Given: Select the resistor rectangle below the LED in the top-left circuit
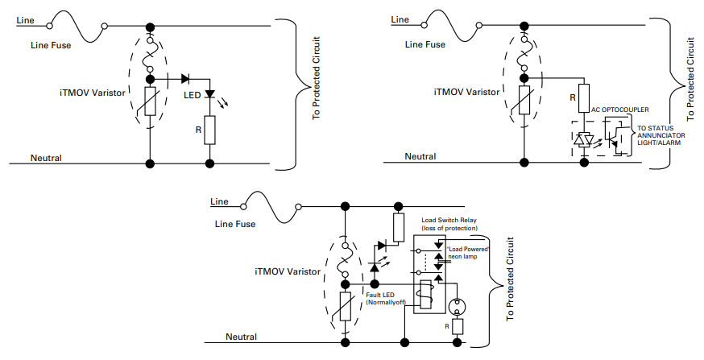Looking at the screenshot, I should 209,129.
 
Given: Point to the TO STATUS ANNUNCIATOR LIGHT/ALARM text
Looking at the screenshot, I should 662,134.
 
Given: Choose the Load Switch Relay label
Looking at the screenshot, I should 449,223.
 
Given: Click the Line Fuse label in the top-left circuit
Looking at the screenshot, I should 50,45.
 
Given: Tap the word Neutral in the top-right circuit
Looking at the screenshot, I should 420,156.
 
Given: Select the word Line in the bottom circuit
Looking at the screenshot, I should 218,201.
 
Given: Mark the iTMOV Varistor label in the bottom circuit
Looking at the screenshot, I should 287,272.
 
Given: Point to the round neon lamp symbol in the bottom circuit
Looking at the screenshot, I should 457,307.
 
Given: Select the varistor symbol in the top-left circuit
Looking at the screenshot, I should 151,103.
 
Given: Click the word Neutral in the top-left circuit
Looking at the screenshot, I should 46,158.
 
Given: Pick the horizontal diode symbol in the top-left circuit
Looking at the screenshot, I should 185,79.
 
